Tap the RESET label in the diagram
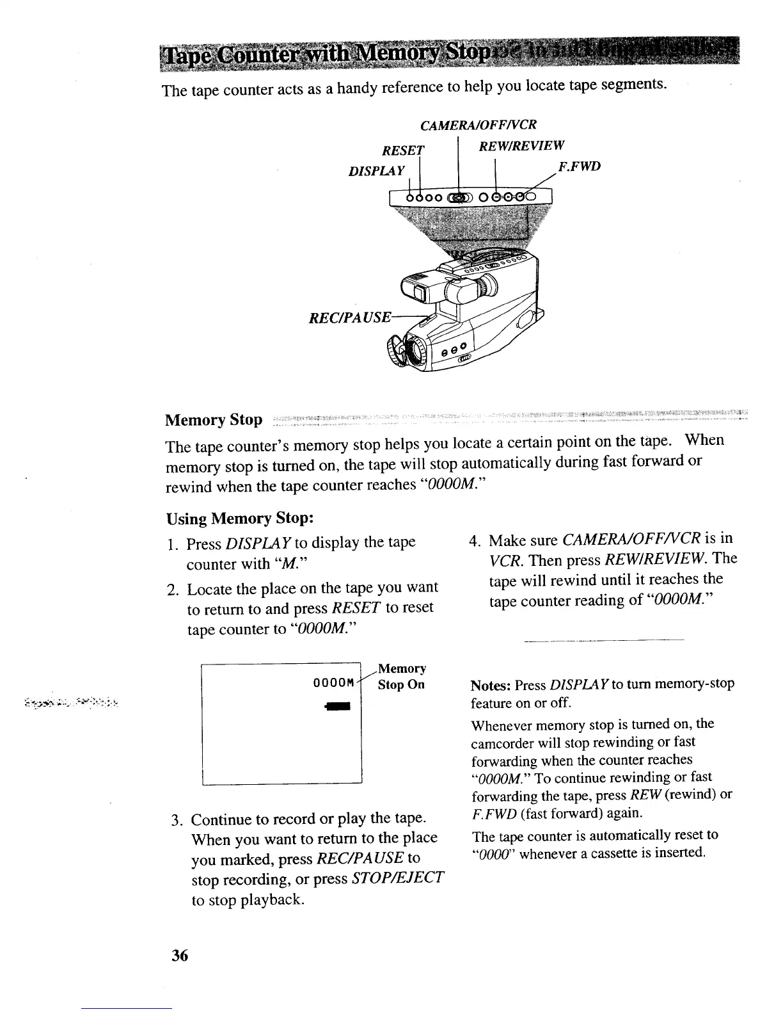[403, 151]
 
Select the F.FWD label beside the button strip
[579, 168]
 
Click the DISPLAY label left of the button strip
[377, 172]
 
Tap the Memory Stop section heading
[214, 420]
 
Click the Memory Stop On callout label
[401, 677]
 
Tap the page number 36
[179, 956]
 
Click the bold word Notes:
[490, 685]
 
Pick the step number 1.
[171, 545]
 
